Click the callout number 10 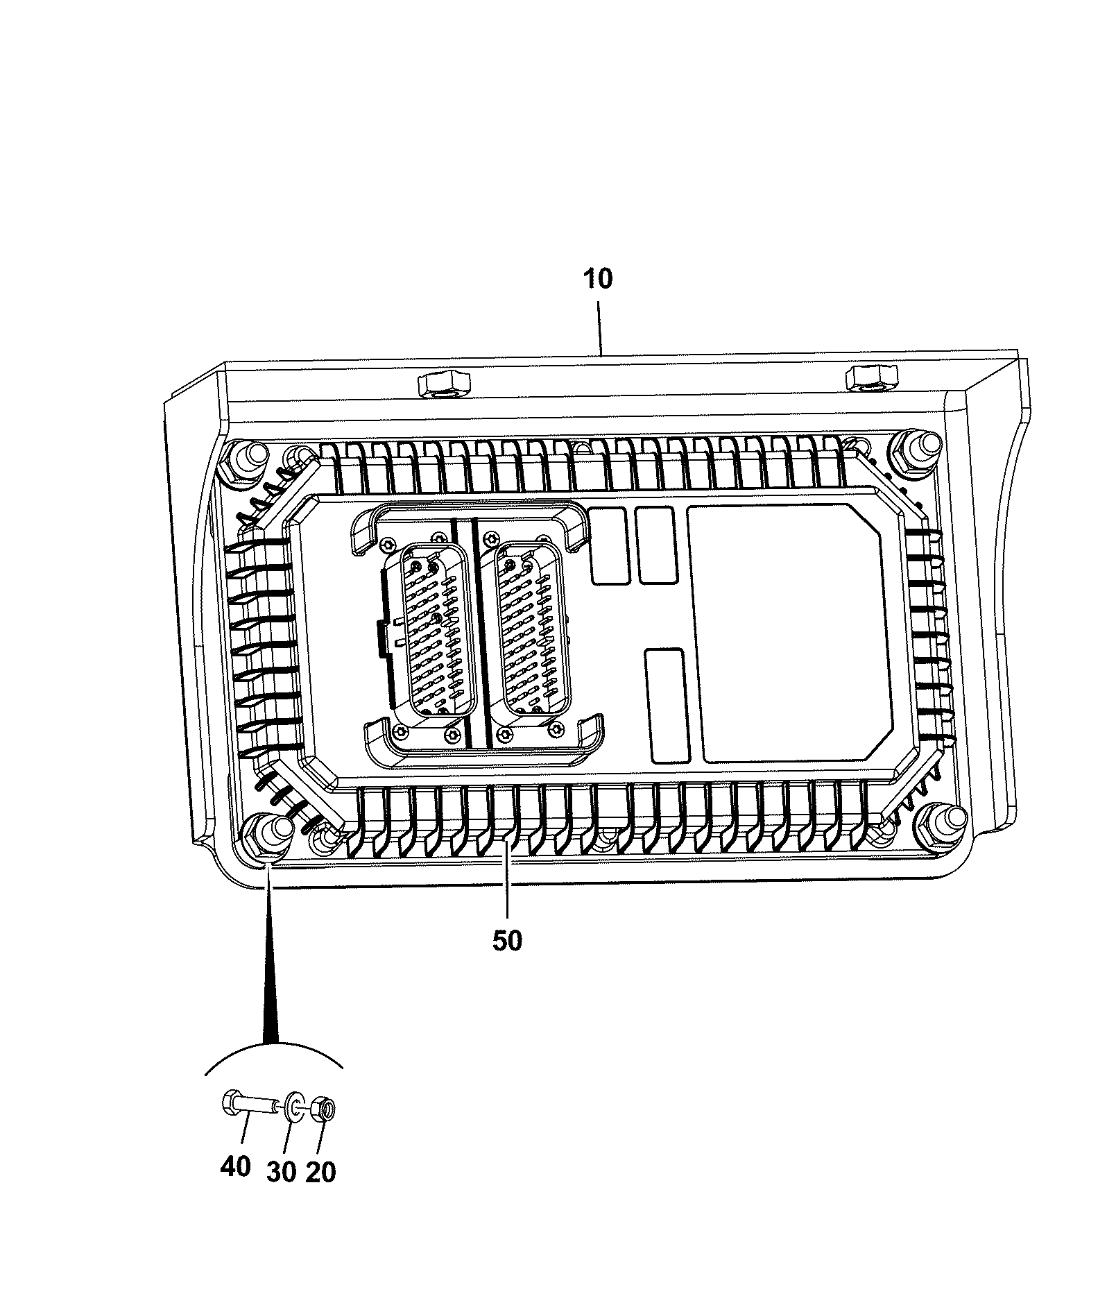tap(599, 279)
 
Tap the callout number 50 tap(507, 941)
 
